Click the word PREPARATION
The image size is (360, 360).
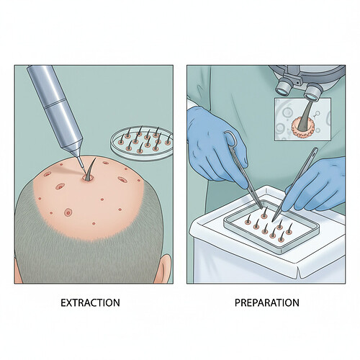pyautogui.click(x=267, y=302)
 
